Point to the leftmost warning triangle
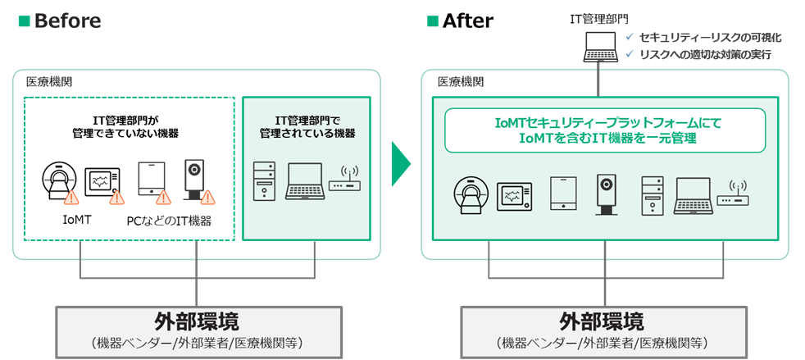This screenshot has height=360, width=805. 71,198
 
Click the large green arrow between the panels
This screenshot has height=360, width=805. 400,161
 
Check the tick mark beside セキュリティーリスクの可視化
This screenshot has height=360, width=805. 629,37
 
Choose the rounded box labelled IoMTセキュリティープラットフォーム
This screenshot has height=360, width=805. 605,130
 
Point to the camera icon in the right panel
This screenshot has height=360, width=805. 607,194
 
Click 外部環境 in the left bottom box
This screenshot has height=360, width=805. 197,320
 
